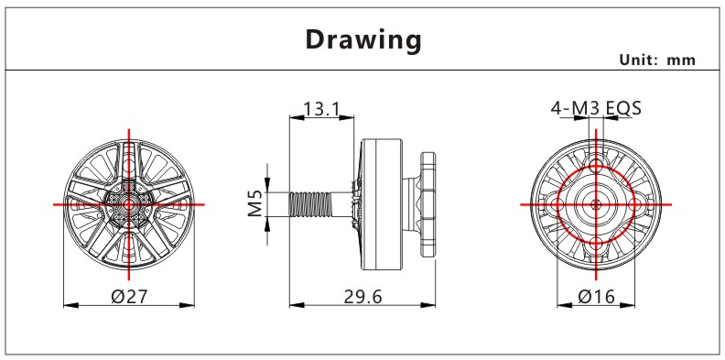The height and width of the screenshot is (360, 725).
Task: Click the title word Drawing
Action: point(363,40)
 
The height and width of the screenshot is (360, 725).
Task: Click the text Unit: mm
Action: point(657,60)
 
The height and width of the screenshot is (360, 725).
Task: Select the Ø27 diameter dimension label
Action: point(129,296)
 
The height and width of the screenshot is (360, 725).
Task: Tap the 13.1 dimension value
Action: point(321,109)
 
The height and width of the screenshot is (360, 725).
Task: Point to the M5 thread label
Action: point(255,203)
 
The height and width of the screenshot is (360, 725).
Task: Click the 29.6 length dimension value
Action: point(363,297)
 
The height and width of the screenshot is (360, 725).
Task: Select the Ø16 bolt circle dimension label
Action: point(597,296)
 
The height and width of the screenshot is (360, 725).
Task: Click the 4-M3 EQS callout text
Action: point(596,108)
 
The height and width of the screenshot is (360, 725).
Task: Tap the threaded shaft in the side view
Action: point(310,204)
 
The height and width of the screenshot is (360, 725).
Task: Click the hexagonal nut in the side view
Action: point(427,203)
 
